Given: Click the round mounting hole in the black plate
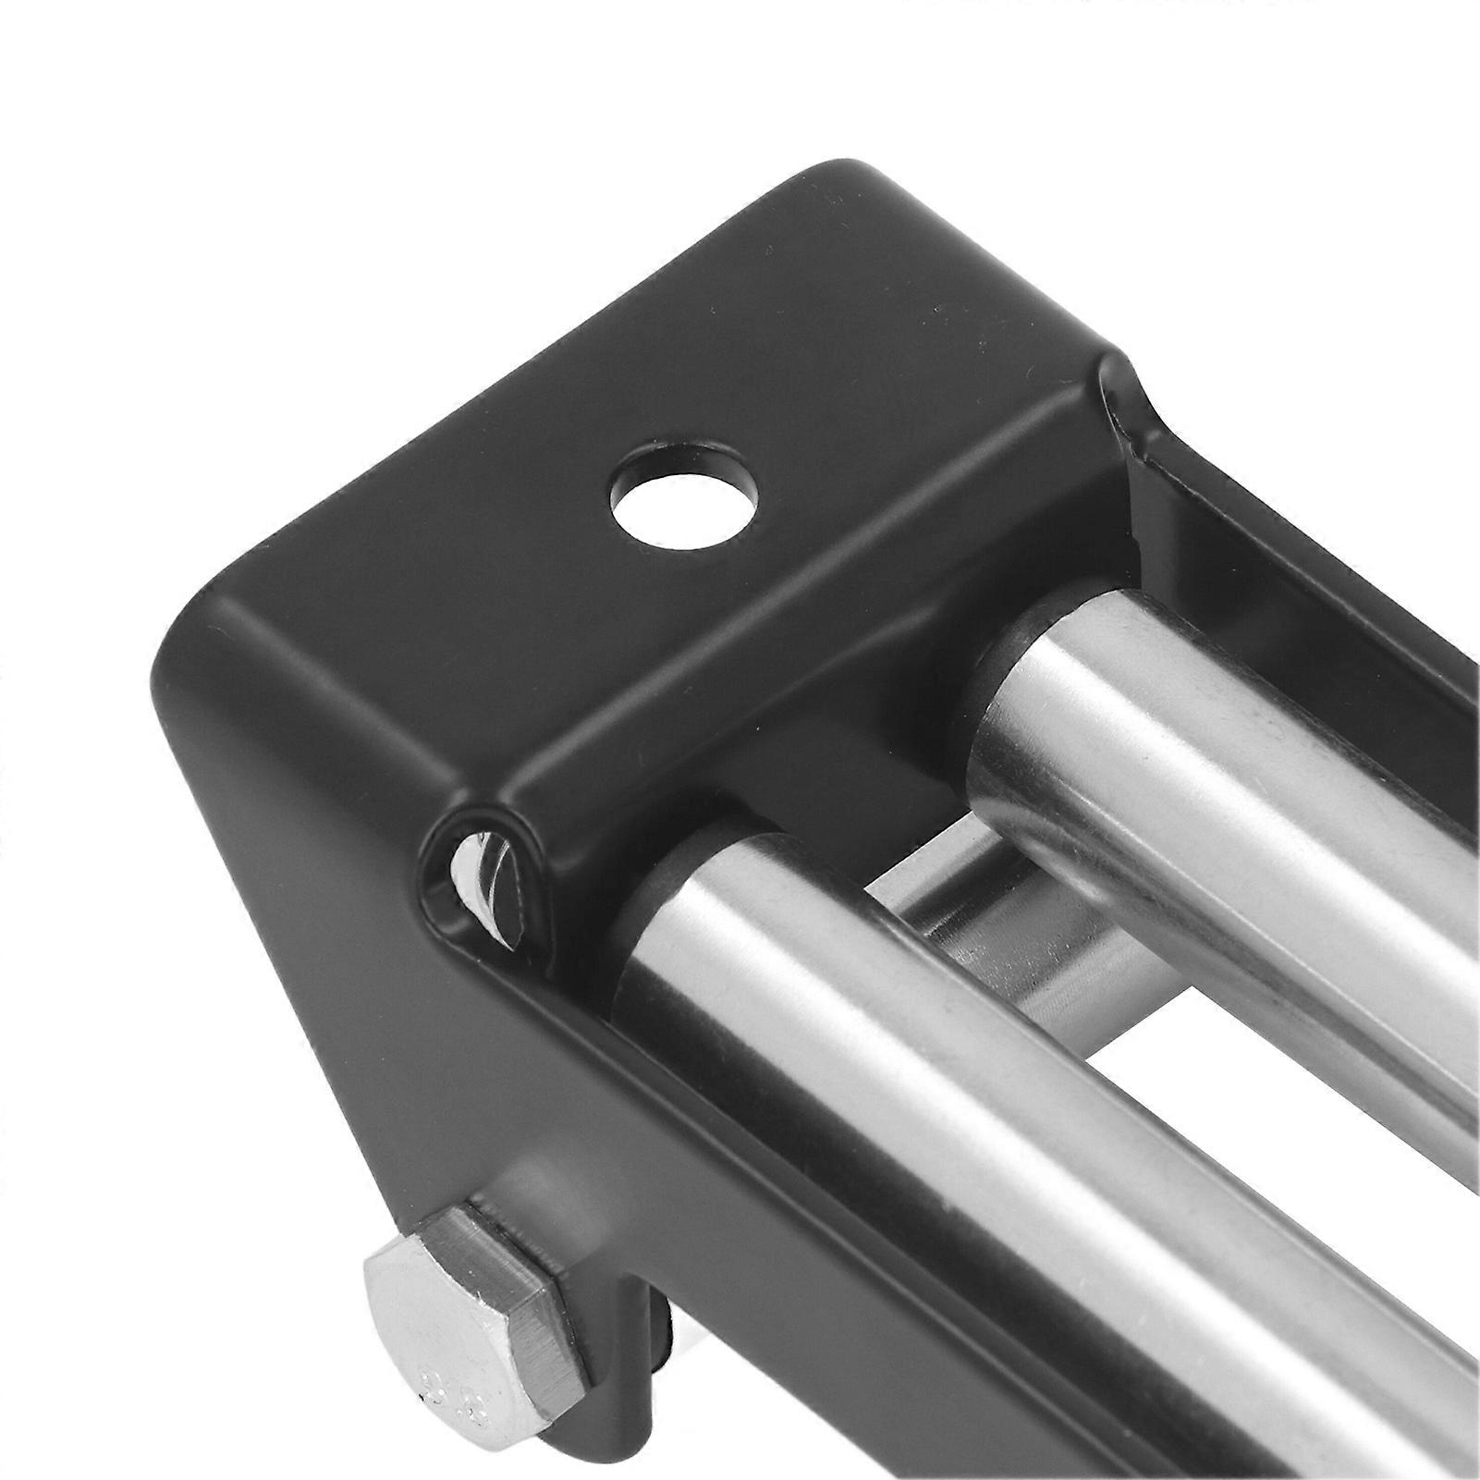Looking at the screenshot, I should click(x=684, y=505).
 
